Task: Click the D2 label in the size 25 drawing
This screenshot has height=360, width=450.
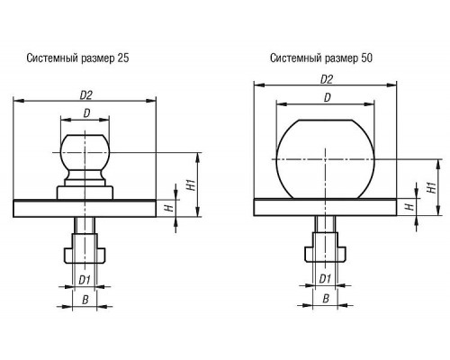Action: (x=85, y=95)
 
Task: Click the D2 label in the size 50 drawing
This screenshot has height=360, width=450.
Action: (x=327, y=79)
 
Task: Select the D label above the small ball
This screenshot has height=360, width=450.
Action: (x=86, y=113)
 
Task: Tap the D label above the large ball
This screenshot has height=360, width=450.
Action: (x=328, y=97)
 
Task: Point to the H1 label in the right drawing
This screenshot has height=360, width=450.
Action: (x=431, y=187)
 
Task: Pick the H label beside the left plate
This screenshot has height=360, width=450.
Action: (x=170, y=208)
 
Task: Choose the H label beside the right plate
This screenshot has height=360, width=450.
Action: (x=409, y=207)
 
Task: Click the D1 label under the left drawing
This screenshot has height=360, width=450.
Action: (x=85, y=280)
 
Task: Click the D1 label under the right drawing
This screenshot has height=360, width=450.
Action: (x=325, y=279)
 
